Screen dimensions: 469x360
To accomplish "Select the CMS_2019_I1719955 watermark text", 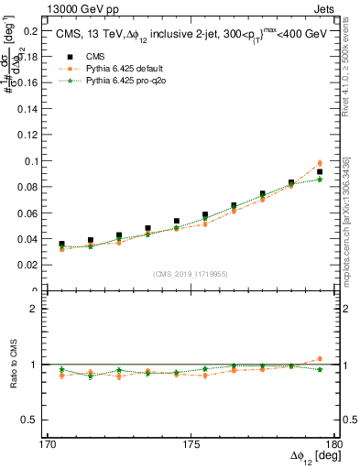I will pos(191,274).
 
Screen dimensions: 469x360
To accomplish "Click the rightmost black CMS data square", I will pos(320,171).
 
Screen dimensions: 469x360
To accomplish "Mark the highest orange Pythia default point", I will pos(320,163).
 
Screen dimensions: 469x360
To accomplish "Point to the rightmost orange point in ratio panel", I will pos(320,359).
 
